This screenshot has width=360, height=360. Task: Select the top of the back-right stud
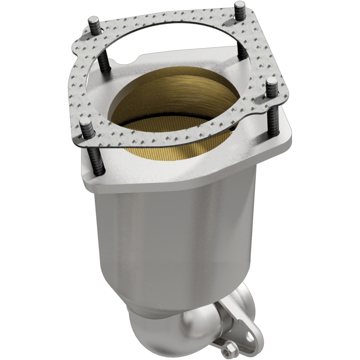point(239,6)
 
